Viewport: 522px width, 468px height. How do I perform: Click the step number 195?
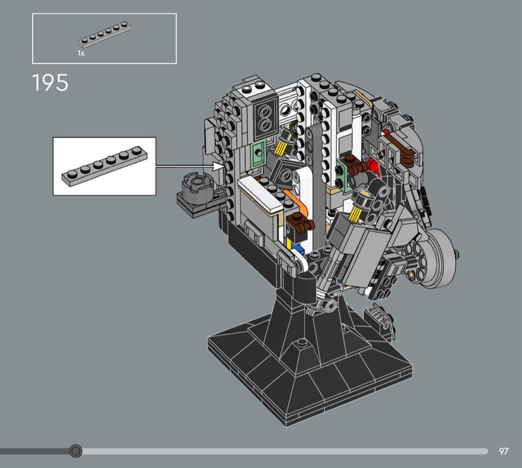50,82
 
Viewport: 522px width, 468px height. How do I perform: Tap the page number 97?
504,451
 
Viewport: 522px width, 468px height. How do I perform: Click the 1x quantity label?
81,53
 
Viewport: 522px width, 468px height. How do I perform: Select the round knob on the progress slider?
76,451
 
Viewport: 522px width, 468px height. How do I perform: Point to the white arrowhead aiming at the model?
218,166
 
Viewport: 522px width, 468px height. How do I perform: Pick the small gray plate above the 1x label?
104,35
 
